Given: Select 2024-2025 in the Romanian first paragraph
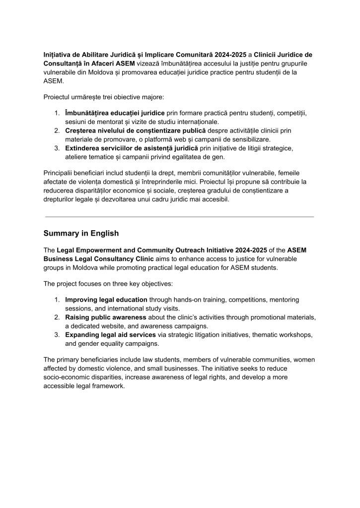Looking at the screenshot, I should pyautogui.click(x=231, y=54).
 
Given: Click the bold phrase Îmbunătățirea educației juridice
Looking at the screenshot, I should pyautogui.click(x=115, y=113).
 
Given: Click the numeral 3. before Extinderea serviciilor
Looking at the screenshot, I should pyautogui.click(x=57, y=148).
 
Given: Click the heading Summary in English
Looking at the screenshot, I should pyautogui.click(x=81, y=233).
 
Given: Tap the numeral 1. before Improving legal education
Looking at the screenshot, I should pyautogui.click(x=57, y=300).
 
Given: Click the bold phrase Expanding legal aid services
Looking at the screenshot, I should pyautogui.click(x=110, y=335).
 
